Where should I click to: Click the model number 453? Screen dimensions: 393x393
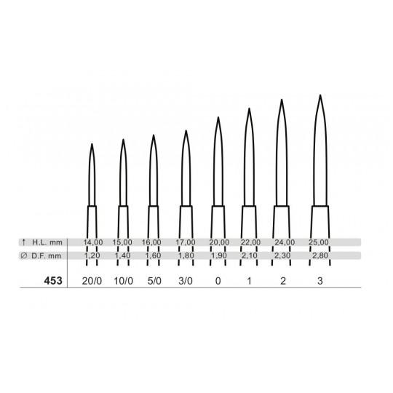coord(53,281)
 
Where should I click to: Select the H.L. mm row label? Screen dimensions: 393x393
coord(47,242)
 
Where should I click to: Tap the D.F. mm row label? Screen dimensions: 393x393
coord(47,256)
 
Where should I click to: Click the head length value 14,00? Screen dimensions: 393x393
coord(93,242)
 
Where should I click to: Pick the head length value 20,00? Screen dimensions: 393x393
coord(219,242)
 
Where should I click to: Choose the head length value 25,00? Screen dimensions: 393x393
coord(319,242)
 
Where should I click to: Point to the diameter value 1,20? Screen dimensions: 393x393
coord(92,255)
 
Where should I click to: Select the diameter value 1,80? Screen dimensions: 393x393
coord(186,255)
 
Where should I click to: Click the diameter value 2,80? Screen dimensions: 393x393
coord(320,255)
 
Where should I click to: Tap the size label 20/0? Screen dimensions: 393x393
coord(92,281)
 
